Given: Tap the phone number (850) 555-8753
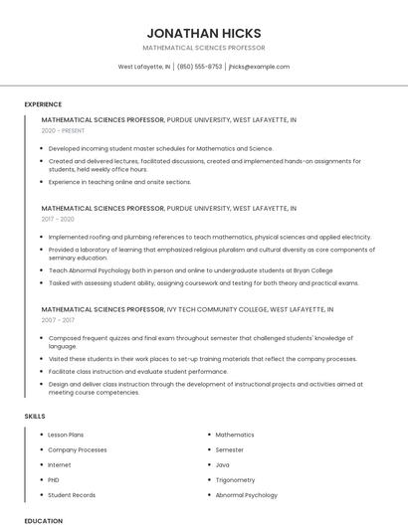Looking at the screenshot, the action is point(200,67).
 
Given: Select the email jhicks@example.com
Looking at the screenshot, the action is point(259,67).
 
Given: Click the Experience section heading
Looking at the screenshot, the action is point(43,104).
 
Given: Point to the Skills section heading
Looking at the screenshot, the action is point(35,415).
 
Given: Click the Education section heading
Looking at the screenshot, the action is point(44,520).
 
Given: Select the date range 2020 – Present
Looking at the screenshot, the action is point(65,130).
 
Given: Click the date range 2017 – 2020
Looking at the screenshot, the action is point(58,219).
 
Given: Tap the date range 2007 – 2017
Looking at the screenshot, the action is point(58,320).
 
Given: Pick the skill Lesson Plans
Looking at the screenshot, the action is point(66,435).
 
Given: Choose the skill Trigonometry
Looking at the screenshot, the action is point(235,479).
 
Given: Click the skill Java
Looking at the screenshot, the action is point(222,464).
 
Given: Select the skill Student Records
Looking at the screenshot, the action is point(72,494).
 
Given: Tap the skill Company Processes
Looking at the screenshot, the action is point(78,449).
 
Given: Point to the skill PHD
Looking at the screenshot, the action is point(54,479).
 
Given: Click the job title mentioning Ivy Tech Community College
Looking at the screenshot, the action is point(169,309).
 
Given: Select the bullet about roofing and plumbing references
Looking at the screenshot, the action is point(209,238).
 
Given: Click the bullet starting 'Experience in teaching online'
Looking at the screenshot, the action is point(119,182).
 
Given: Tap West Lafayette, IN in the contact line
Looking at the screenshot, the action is point(144,67).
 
